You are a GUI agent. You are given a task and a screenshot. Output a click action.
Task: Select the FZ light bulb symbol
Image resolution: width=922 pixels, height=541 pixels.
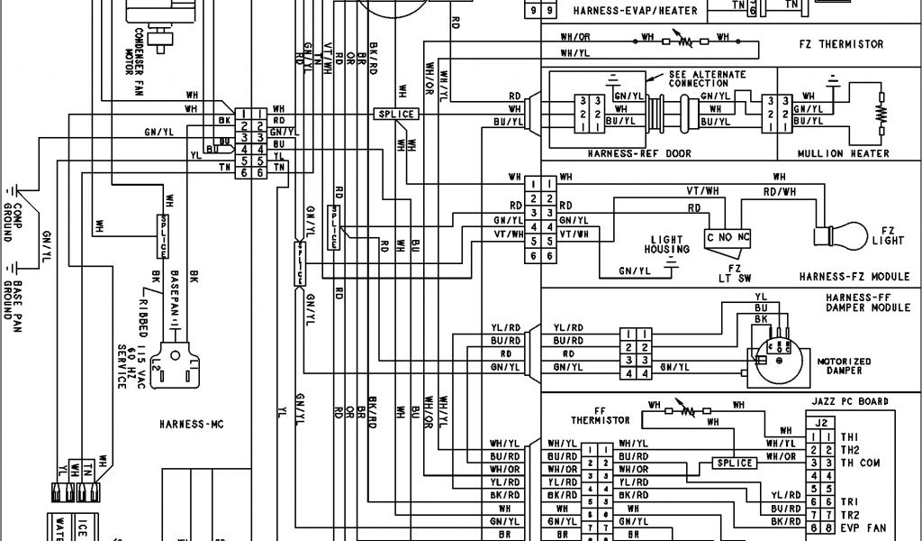[827, 236]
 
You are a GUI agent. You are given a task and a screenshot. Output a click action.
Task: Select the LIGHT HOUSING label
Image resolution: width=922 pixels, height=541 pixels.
[666, 244]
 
